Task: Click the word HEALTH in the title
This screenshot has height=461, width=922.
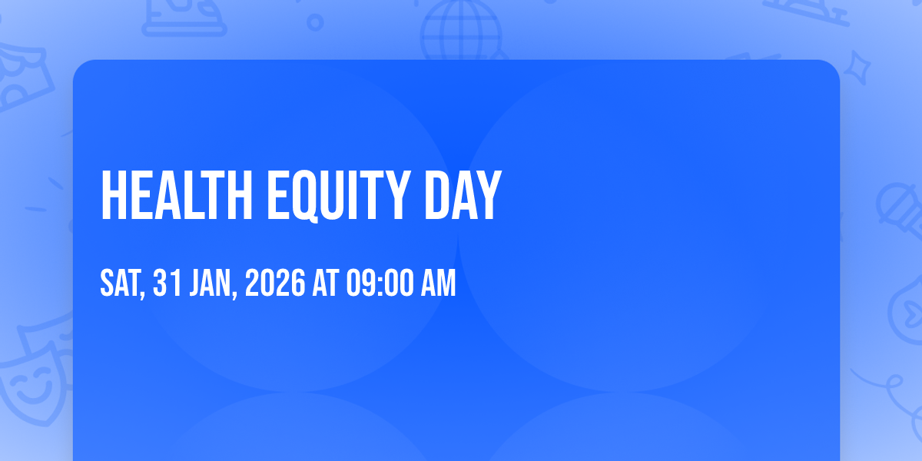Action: [x=177, y=196]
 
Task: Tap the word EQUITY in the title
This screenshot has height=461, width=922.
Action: [x=339, y=197]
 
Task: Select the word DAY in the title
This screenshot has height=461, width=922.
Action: [x=463, y=196]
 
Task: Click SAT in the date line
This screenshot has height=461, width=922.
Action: [x=120, y=283]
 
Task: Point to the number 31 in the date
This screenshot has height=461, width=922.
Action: [x=167, y=283]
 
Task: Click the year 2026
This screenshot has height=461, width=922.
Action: [x=275, y=283]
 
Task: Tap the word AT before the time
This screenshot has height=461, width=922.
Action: [x=326, y=283]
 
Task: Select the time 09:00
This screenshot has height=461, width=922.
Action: [x=379, y=283]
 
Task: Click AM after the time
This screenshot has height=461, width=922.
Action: [x=439, y=283]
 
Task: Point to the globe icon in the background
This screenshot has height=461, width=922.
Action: [x=462, y=31]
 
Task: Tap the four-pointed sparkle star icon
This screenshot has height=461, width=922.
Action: [x=857, y=68]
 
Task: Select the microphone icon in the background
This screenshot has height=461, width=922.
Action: [x=900, y=210]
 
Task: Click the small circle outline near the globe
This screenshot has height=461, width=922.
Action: [x=315, y=22]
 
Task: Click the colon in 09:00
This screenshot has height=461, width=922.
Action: [x=379, y=284]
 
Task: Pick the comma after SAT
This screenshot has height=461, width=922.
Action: [x=142, y=294]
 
